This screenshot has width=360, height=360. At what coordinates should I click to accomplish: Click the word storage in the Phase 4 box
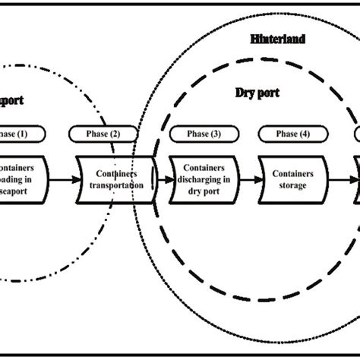point(291,185)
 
